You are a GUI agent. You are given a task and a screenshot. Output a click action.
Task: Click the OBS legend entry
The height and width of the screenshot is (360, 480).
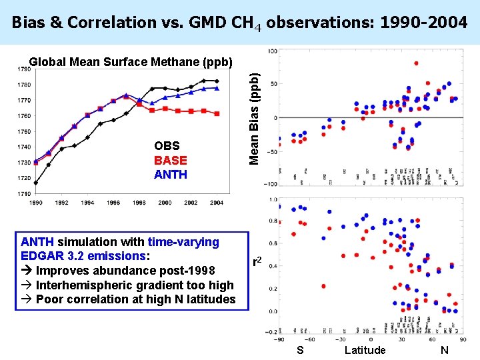click(167, 145)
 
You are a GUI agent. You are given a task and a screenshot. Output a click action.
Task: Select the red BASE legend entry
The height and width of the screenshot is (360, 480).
click(170, 160)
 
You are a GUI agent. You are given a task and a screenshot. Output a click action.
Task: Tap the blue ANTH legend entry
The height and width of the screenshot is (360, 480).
click(170, 175)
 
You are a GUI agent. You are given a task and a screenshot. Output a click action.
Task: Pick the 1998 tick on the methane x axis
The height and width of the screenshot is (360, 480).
click(139, 202)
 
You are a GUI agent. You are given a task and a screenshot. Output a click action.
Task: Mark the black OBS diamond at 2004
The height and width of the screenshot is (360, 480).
click(217, 81)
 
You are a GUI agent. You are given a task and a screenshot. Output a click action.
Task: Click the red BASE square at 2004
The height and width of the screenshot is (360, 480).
click(217, 114)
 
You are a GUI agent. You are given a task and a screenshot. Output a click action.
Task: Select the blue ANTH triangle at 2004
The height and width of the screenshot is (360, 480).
click(217, 88)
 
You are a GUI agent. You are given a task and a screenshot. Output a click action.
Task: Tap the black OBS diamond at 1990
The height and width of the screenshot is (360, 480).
click(36, 182)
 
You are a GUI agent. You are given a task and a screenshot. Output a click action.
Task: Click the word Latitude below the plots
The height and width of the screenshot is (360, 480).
click(365, 350)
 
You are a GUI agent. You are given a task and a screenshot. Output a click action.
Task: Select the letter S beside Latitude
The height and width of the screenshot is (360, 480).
click(300, 350)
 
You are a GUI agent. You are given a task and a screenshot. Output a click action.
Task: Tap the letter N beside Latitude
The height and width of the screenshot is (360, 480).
click(445, 350)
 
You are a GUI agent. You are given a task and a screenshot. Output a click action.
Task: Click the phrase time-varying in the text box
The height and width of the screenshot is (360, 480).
click(183, 242)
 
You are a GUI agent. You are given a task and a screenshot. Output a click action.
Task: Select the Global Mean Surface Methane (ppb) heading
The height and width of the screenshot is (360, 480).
click(131, 62)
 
